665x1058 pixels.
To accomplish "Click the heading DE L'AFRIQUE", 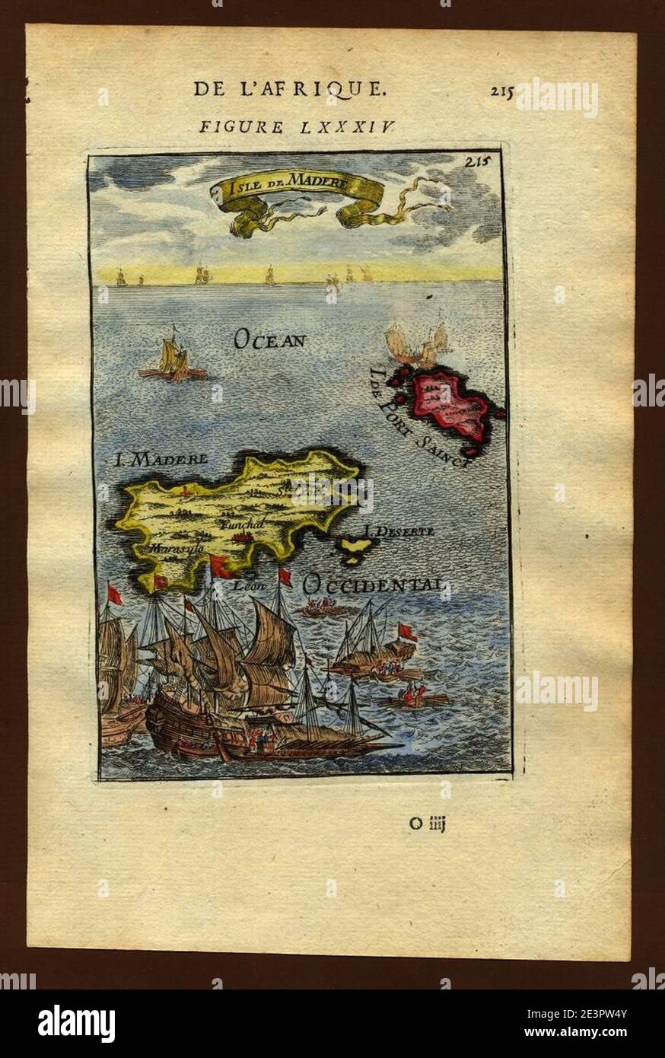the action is point(289,89).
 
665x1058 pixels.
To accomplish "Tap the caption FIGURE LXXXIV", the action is point(297,126).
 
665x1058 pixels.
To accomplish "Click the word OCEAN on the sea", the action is point(269,339).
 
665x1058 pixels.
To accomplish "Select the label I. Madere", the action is point(160,460).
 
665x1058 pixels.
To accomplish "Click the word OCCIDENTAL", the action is point(372,585).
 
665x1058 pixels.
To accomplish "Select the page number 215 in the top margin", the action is point(501,91).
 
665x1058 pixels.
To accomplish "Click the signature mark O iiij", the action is point(425,823).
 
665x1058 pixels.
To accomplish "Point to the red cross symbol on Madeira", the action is point(183,491).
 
